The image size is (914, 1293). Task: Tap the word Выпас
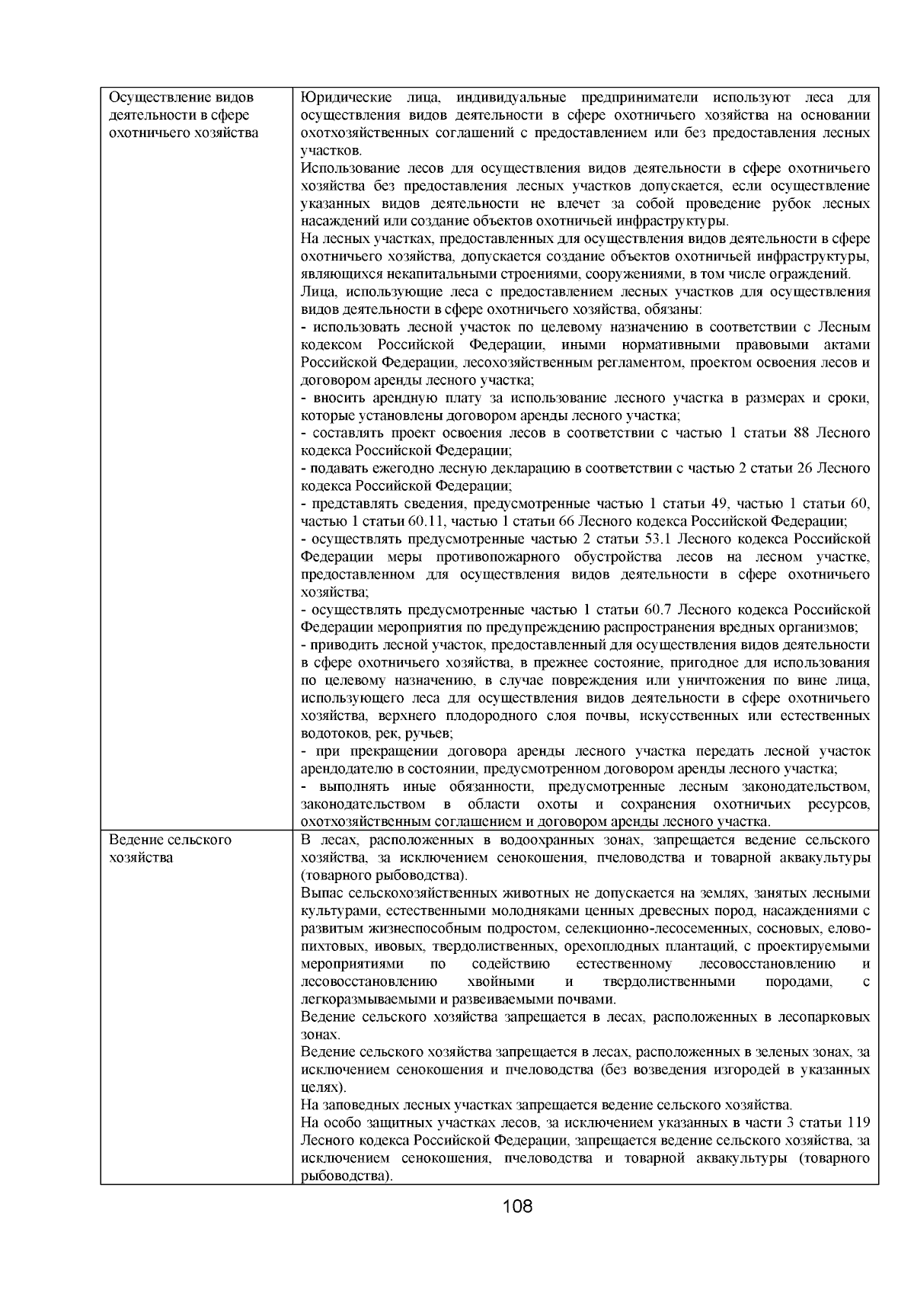[x=321, y=892]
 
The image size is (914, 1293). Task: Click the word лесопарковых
[x=826, y=1016]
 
